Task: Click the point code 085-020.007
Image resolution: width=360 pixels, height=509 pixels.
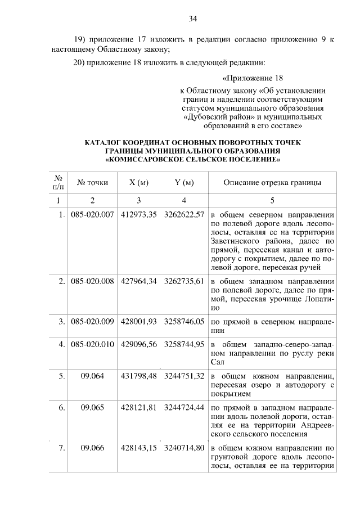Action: coord(93,215)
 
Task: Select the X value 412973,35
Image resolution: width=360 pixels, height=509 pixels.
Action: coord(138,215)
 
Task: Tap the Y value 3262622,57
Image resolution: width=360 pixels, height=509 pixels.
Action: coord(184,215)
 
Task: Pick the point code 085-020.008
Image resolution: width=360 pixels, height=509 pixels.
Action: coord(93,281)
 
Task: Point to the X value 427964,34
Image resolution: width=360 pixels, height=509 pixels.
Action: coord(138,281)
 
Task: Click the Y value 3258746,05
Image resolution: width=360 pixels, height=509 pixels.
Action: coord(184,322)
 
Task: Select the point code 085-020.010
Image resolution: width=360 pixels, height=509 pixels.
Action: coord(93,343)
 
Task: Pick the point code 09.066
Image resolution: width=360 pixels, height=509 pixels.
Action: coord(93,448)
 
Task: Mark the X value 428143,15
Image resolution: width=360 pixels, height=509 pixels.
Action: coord(138,448)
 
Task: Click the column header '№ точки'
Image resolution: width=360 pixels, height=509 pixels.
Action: coord(93,182)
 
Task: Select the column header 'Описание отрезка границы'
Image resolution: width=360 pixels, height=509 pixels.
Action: coord(272,182)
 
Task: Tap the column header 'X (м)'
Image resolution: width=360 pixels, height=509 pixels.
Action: coord(138,182)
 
